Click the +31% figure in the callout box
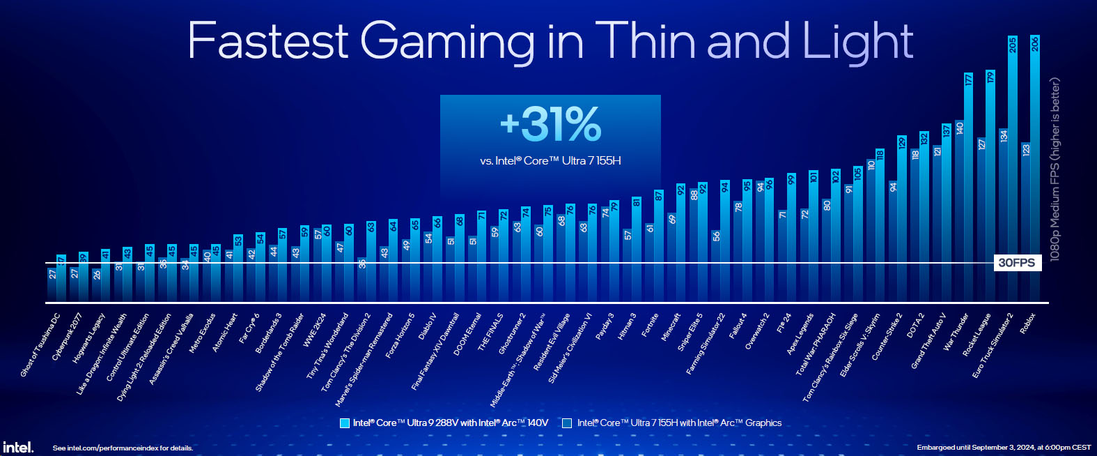550,124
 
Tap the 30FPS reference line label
1017,263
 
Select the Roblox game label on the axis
1028,323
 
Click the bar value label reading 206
1034,44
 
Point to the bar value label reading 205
1013,45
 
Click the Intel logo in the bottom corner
17,447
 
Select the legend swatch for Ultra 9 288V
344,423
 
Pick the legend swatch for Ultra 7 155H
567,423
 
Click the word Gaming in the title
447,41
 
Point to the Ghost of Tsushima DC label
40,345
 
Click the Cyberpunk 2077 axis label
67,336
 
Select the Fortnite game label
650,325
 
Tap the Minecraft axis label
671,326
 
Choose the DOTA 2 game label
915,325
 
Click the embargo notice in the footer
1004,448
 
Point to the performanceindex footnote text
123,448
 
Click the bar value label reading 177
968,79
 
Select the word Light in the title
857,41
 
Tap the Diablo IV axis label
428,326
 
